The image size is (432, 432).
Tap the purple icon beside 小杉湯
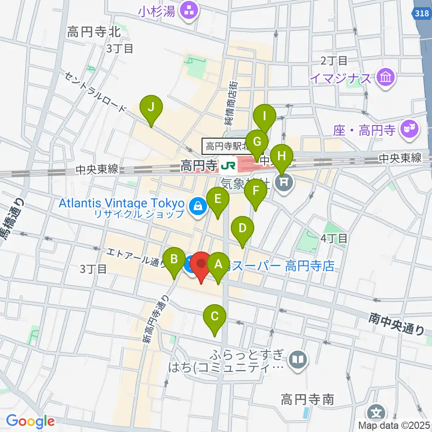[x=188, y=11]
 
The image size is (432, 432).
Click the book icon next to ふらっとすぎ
[x=298, y=359]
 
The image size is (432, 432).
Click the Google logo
[x=30, y=422]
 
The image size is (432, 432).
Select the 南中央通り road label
[x=396, y=324]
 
